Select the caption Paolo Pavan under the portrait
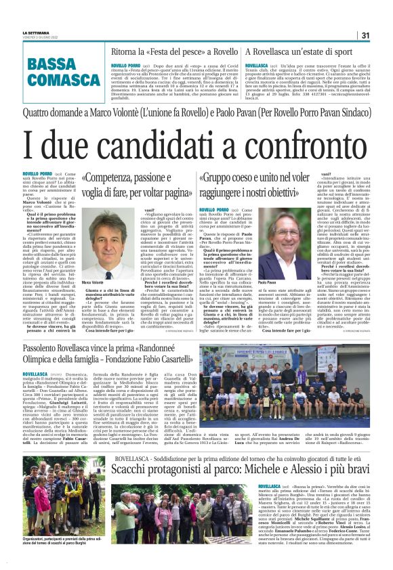pyautogui.click(x=268, y=282)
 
